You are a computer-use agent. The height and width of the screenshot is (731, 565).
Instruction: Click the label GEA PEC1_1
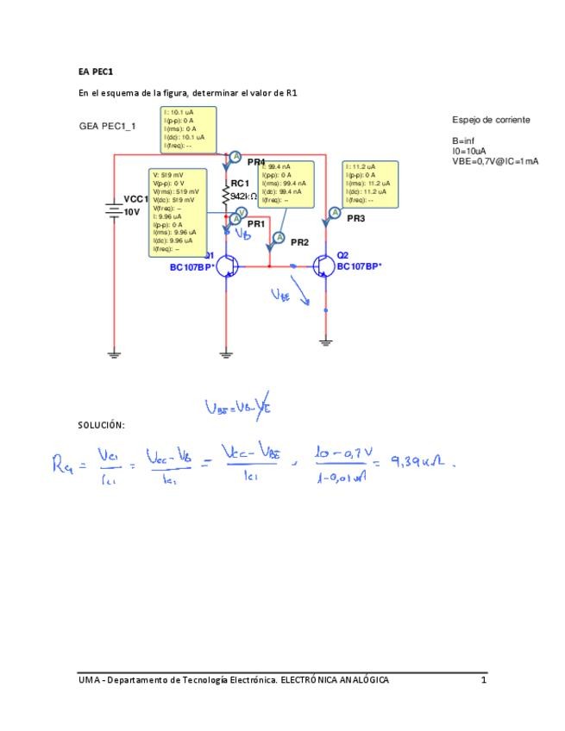tap(108, 126)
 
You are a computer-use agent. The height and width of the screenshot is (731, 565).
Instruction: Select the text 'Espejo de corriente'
tap(491, 119)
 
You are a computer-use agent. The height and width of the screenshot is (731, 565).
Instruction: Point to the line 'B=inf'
tap(463, 141)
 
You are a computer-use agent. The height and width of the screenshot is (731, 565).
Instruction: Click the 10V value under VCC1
tap(131, 211)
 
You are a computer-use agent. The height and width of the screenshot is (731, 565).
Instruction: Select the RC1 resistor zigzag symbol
tap(226, 197)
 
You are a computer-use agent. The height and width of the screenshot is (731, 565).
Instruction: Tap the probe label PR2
tap(299, 243)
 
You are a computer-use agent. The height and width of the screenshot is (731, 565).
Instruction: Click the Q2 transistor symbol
tap(324, 266)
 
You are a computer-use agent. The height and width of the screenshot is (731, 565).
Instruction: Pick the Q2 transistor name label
tap(342, 255)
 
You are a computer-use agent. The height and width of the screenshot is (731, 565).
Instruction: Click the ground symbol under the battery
tap(114, 352)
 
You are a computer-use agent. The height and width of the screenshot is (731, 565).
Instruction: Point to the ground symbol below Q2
tap(325, 342)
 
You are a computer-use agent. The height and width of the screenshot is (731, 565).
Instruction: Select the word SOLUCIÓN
tap(101, 425)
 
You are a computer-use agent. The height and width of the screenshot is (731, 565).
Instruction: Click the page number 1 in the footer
tap(484, 680)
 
